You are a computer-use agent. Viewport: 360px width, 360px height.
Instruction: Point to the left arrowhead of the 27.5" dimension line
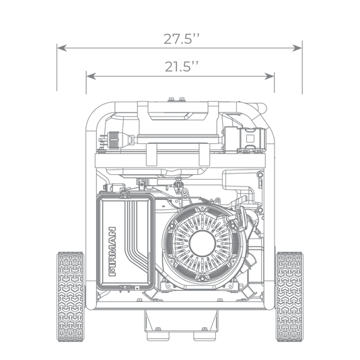[59, 48]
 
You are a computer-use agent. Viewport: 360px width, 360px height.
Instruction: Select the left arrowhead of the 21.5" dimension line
[88, 74]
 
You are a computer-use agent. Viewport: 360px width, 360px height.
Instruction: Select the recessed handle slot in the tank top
[178, 116]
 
